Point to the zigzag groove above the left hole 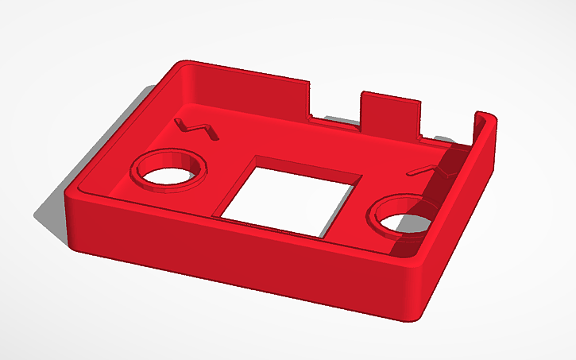(x=195, y=126)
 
